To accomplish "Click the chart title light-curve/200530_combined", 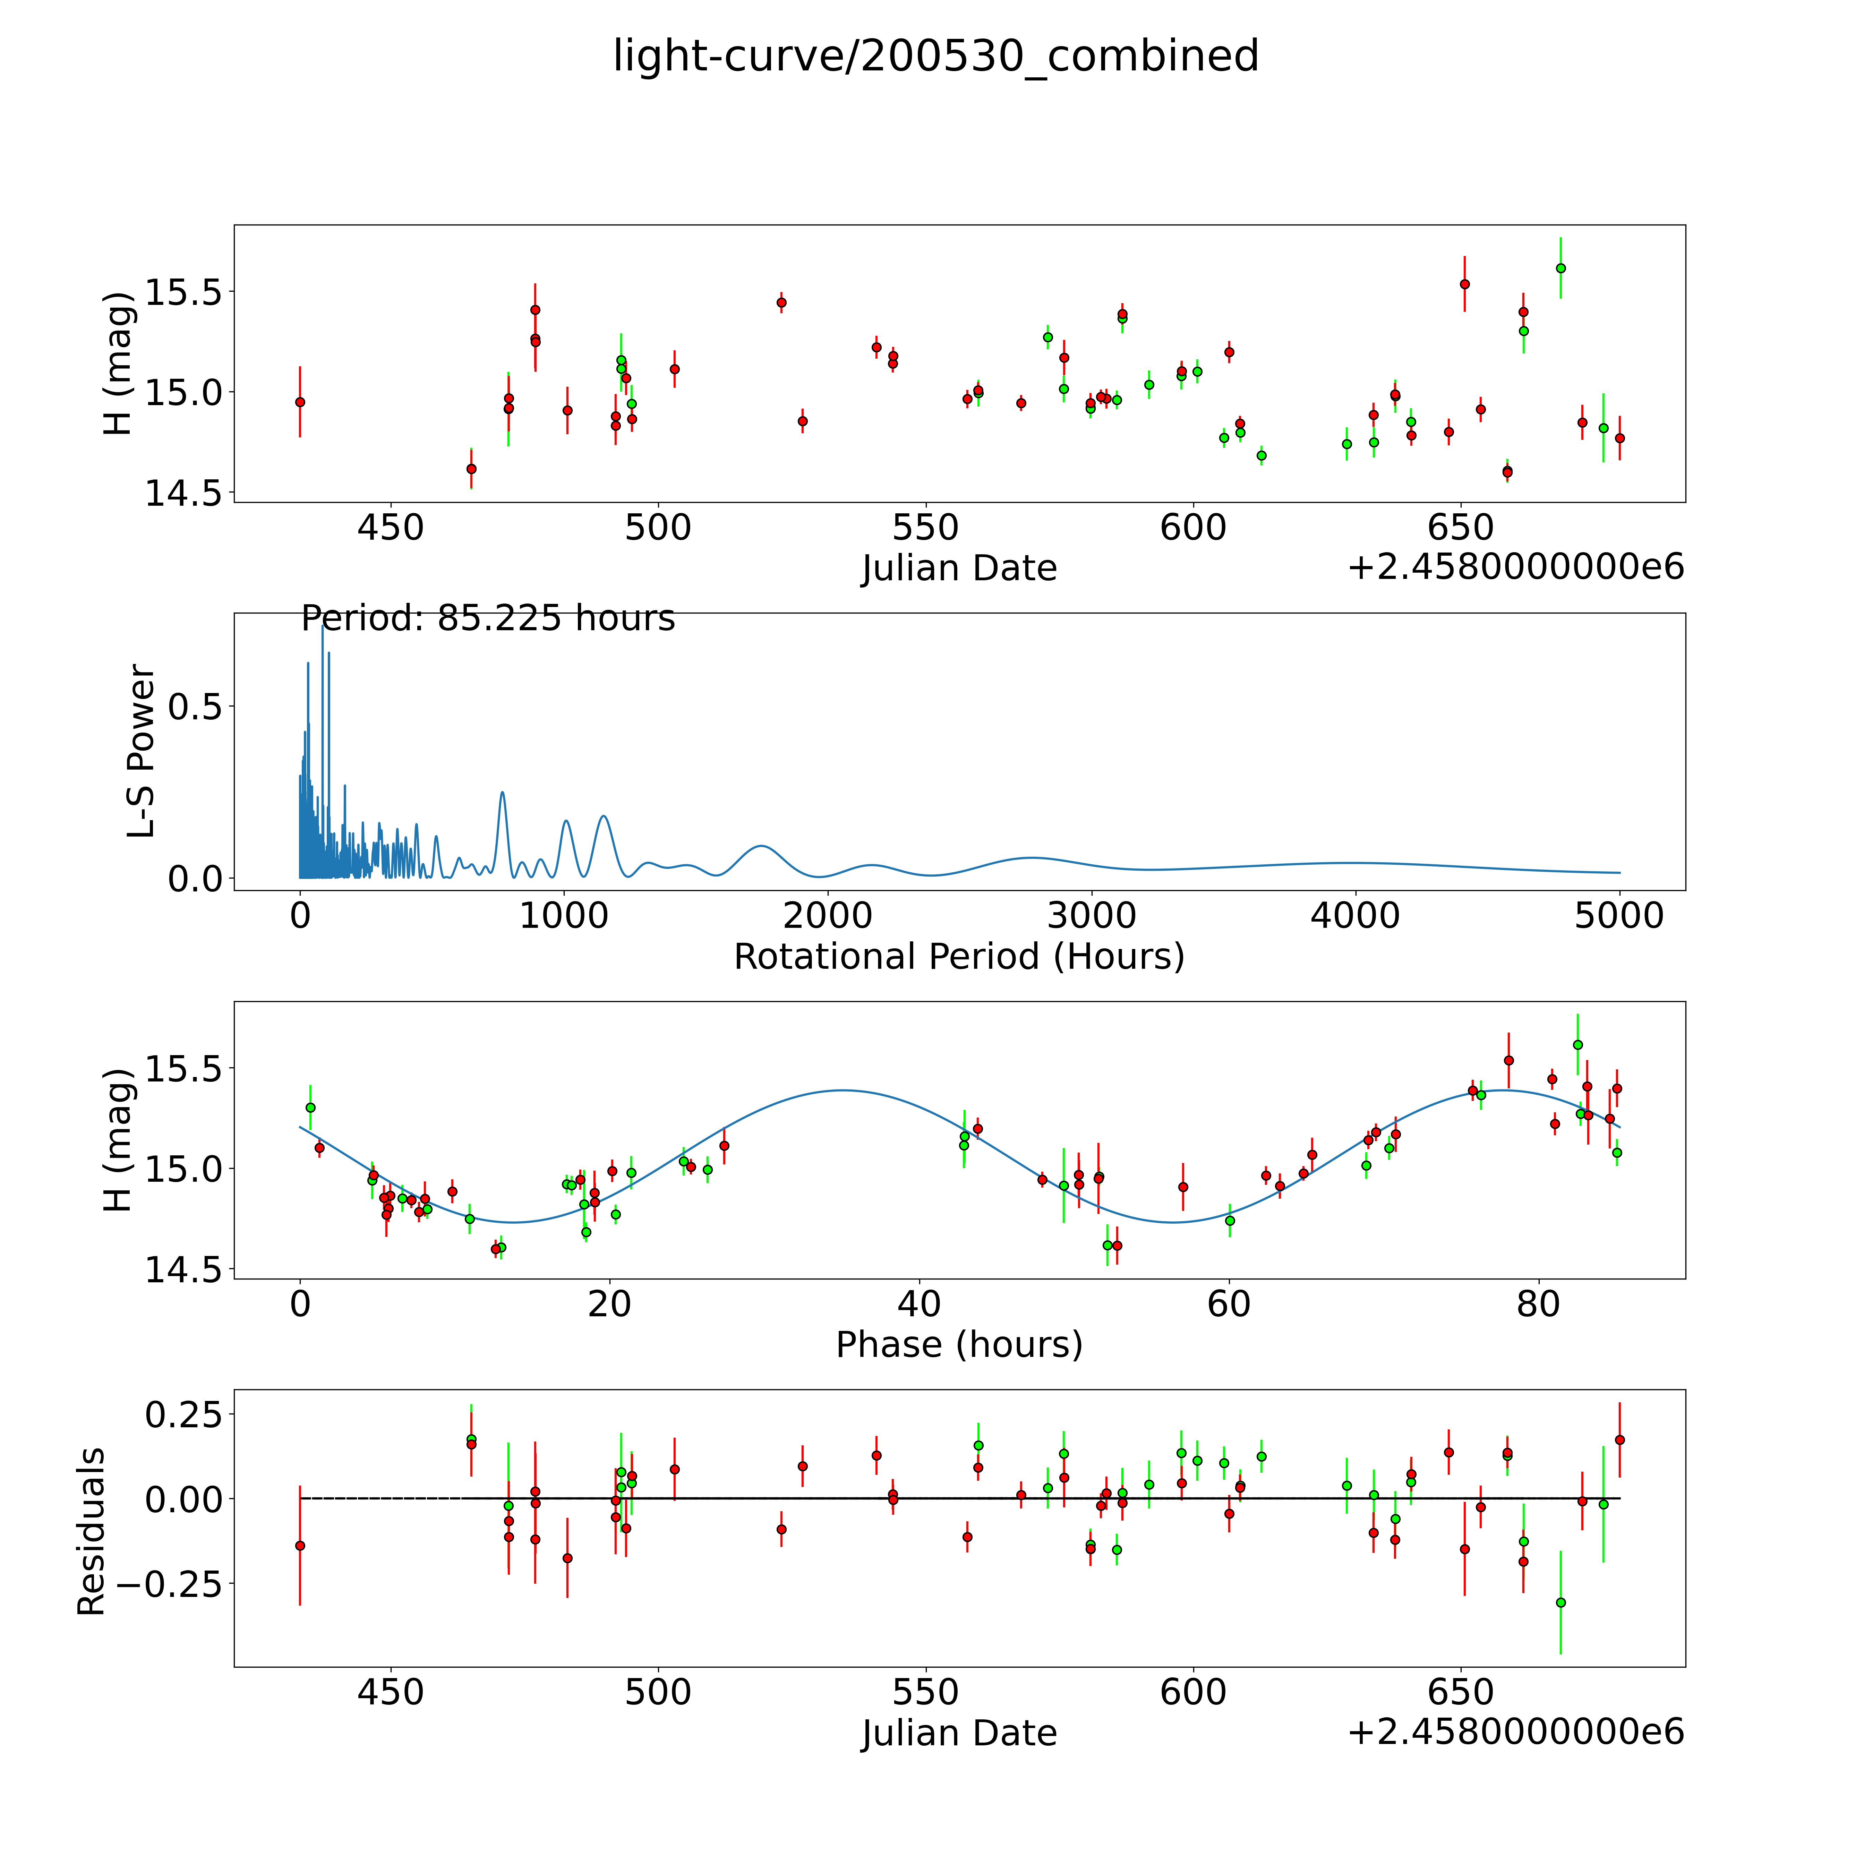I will [935, 56].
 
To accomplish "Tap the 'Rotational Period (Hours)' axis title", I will [959, 957].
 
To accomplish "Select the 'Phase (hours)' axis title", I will [959, 1345].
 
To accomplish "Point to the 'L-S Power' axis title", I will [142, 751].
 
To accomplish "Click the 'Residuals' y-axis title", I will [91, 1532].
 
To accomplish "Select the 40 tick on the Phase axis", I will [919, 1304].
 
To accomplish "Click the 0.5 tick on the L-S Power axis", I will [195, 707].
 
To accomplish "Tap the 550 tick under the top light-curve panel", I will [926, 528].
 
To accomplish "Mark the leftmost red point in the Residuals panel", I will [300, 1545].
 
